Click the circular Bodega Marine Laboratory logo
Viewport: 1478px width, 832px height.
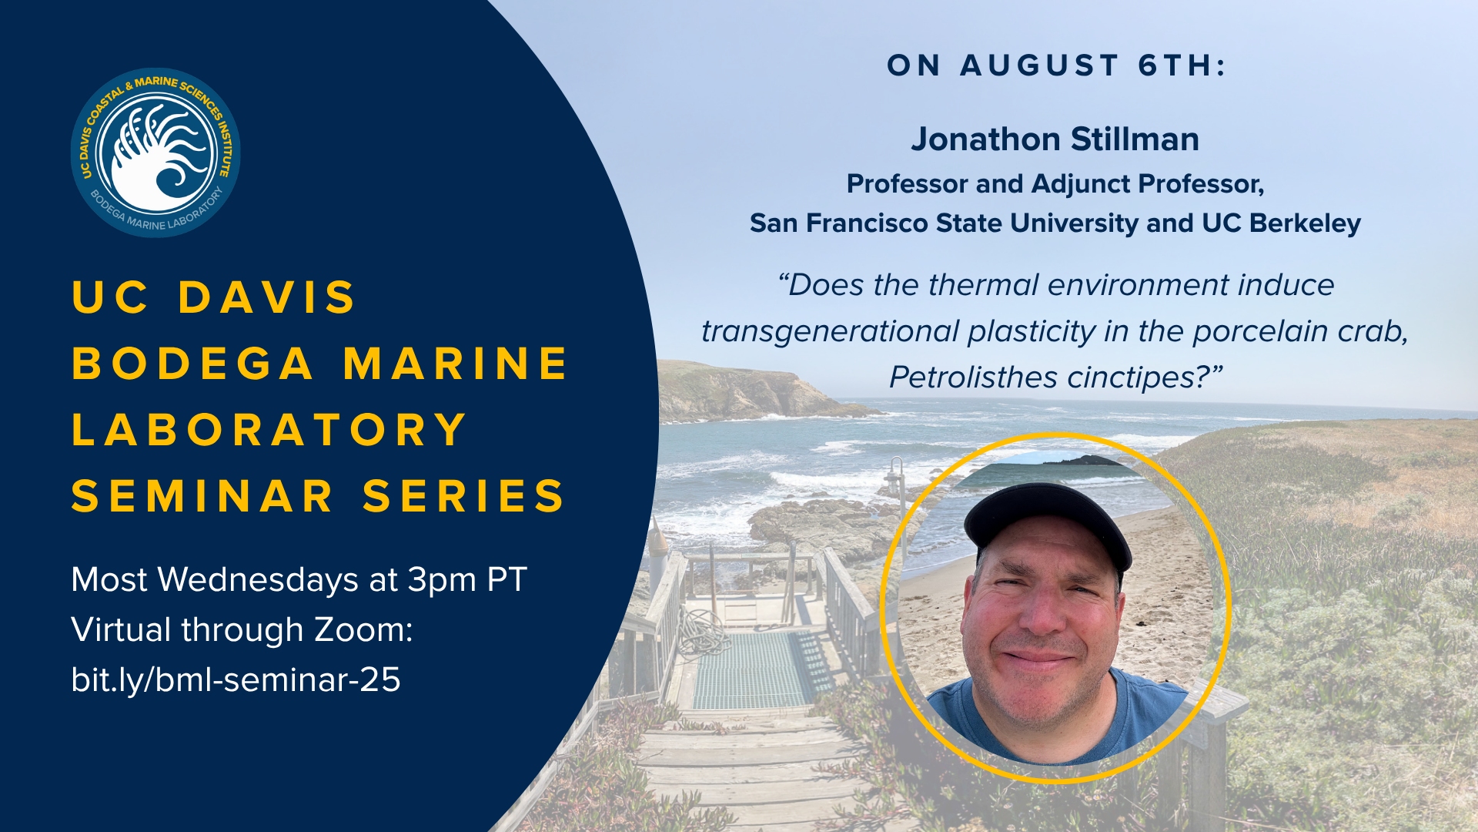pos(155,153)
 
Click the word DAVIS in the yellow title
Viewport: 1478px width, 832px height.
pos(267,297)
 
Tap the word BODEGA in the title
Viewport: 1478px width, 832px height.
pos(192,364)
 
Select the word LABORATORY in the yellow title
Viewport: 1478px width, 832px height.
pos(269,430)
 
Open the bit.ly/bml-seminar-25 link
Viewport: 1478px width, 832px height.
pos(236,679)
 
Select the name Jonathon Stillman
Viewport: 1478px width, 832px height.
pos(1055,139)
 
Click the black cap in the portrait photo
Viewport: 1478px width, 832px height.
pos(1048,524)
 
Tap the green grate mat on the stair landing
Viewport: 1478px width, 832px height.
pos(758,669)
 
